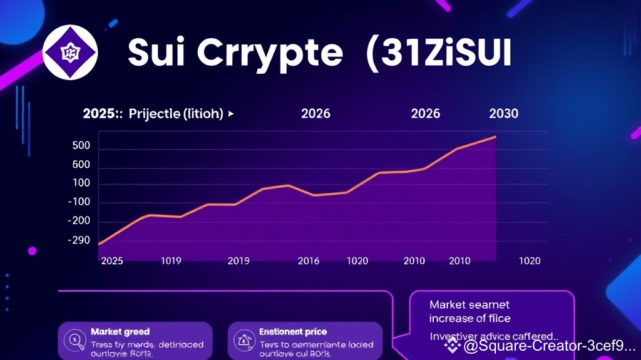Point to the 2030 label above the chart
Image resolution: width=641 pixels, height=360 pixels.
click(x=503, y=113)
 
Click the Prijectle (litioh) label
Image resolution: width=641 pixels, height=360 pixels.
click(x=176, y=114)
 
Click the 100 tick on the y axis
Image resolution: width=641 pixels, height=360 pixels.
click(x=82, y=183)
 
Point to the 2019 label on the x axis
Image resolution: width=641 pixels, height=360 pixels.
click(x=238, y=260)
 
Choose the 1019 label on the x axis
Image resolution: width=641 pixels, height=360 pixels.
click(x=171, y=260)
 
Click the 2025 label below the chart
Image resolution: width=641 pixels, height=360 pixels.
click(x=113, y=260)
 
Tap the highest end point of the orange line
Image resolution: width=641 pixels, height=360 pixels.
click(x=496, y=136)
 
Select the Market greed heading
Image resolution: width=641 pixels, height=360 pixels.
click(x=120, y=331)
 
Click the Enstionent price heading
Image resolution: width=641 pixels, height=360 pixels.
click(x=293, y=331)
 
